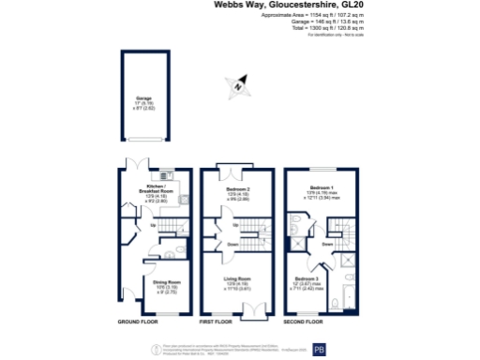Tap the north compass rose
tap(240, 85)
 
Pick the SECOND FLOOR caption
tap(304, 322)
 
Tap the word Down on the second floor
tap(327, 245)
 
